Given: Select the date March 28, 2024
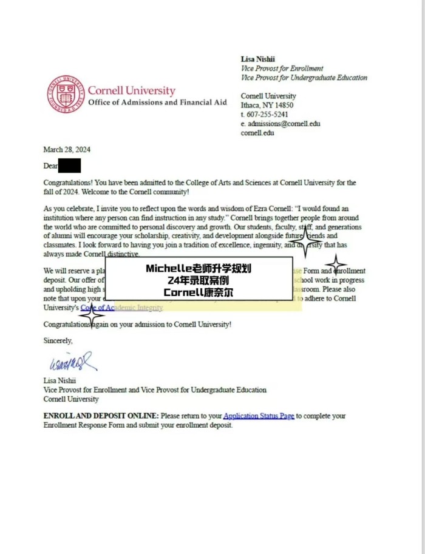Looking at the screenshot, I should tap(67, 150).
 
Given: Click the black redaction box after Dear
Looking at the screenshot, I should tap(70, 165).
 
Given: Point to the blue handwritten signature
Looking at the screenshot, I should tap(72, 362).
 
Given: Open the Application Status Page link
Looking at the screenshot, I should tap(259, 416).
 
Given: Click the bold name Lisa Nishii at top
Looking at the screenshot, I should tap(258, 59).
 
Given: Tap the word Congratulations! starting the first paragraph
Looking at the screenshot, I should tap(68, 183).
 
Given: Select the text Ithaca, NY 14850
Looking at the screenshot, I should tap(267, 105).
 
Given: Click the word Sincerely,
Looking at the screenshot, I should tap(58, 341).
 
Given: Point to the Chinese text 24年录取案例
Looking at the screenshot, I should tap(199, 280).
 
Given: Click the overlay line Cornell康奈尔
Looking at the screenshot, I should tap(199, 292).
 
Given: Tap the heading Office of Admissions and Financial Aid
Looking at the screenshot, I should tap(157, 103).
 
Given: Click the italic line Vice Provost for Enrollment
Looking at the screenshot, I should tap(282, 69).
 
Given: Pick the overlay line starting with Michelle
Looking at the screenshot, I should tap(199, 268).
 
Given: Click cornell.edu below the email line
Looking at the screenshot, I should tap(257, 133).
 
